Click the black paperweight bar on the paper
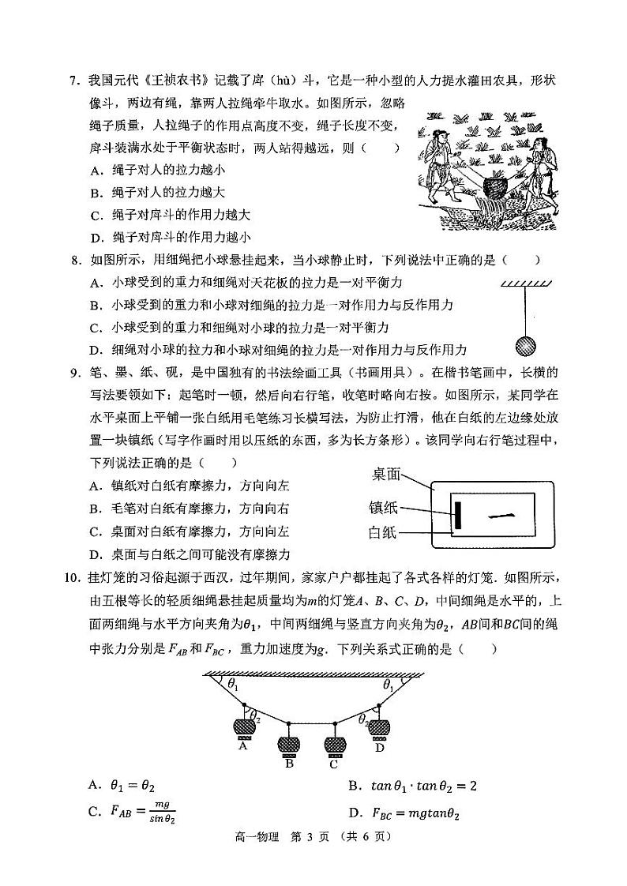(456, 515)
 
